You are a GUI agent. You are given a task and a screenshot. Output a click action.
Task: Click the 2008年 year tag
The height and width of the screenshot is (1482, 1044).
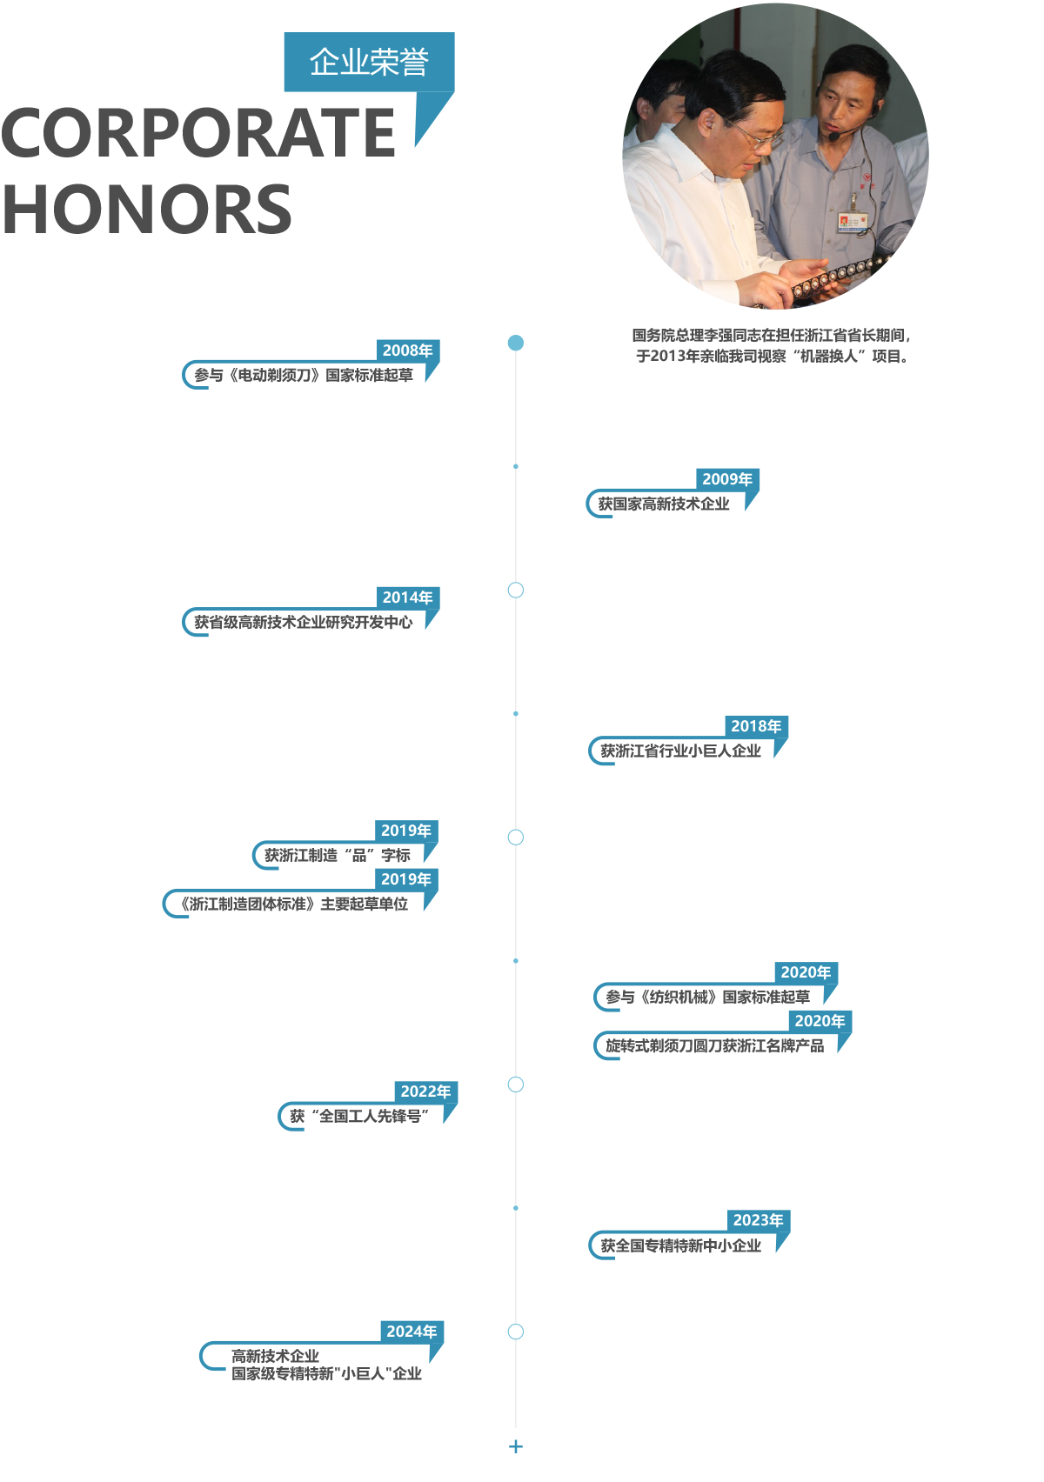click(408, 350)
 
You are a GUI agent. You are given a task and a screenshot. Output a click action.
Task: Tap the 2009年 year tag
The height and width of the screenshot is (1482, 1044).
click(727, 479)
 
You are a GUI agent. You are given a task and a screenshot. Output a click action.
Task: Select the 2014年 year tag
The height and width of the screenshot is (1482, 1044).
click(408, 597)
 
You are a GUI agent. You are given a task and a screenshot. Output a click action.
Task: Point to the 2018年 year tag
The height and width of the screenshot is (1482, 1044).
click(756, 726)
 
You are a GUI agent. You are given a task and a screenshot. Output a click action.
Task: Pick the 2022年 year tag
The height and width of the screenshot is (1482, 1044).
click(425, 1091)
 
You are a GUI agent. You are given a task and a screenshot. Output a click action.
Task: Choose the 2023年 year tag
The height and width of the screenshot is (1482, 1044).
click(758, 1220)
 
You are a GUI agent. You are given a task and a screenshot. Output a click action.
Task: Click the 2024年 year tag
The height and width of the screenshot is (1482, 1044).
click(412, 1332)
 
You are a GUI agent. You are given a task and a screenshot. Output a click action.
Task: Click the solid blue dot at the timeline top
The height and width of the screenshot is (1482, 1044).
click(516, 343)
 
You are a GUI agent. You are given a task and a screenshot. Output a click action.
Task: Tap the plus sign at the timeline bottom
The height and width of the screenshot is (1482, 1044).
click(516, 1447)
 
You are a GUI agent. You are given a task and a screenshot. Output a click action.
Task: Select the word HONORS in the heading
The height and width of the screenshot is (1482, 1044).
click(146, 210)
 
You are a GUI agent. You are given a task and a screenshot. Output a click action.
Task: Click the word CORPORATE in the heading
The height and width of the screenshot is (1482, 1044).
click(198, 132)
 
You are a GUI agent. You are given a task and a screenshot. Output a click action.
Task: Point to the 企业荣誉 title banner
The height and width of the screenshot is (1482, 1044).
click(370, 62)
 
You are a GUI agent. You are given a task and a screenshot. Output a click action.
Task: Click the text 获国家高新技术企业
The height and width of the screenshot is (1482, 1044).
click(663, 504)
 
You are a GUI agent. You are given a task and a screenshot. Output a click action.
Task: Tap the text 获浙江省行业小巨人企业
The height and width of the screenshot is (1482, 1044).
click(680, 751)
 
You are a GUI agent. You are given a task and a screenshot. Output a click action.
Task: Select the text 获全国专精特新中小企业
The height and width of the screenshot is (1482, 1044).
click(680, 1245)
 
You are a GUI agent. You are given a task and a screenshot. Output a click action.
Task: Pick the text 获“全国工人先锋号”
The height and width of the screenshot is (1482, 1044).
click(359, 1117)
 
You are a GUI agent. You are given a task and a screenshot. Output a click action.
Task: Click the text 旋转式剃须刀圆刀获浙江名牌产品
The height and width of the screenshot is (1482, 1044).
click(715, 1045)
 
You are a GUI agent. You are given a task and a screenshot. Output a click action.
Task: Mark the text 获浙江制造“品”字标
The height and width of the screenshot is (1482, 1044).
click(338, 856)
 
